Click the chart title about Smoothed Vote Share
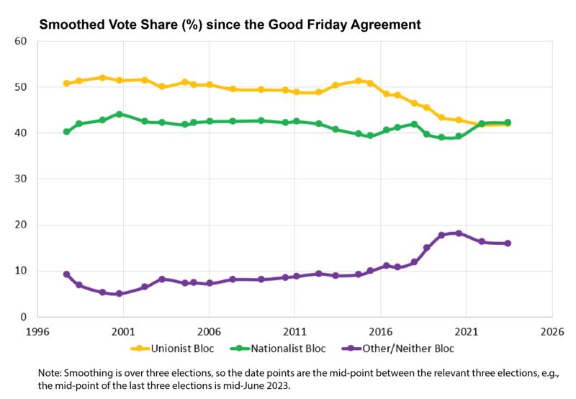point(229,24)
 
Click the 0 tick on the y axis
point(23,317)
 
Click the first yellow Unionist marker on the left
point(66,84)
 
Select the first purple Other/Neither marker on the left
point(66,274)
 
